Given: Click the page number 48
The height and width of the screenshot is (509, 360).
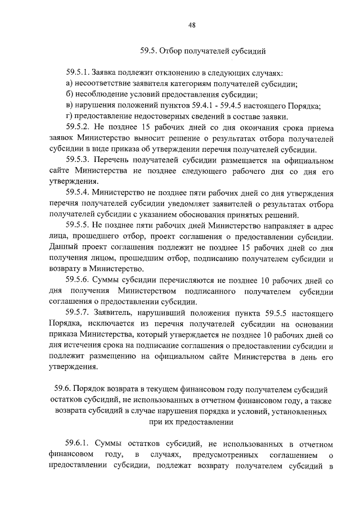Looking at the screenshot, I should pos(192,25).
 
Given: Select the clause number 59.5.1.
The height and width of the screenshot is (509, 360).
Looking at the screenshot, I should pos(78,74).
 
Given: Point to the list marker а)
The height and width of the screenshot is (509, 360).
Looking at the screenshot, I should pos(69,84).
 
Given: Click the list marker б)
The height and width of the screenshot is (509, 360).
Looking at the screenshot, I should pos(69,95).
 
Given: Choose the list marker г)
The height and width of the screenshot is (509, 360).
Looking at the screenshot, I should pos(69,116).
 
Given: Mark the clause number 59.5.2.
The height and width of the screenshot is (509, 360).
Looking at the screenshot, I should pos(78,127).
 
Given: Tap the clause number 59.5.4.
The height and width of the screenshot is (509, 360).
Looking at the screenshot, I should pos(78,192).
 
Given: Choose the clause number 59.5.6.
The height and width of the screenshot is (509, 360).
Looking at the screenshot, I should pos(78,279).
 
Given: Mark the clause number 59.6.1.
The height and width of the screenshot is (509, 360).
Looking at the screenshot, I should pos(78,444).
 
